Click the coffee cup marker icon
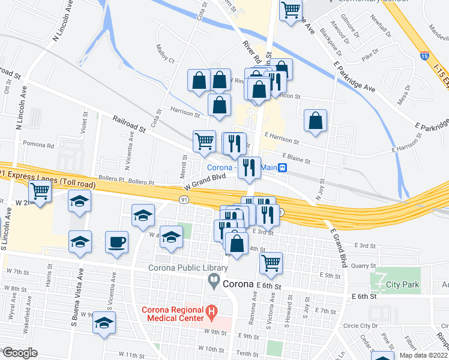tap(116, 242)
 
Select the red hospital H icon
tap(211, 311)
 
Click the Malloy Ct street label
tap(164, 54)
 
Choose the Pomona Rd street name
tap(38, 145)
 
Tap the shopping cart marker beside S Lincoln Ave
tap(40, 191)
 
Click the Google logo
tap(19, 353)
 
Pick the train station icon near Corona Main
tap(282, 167)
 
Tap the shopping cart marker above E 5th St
tap(271, 262)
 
